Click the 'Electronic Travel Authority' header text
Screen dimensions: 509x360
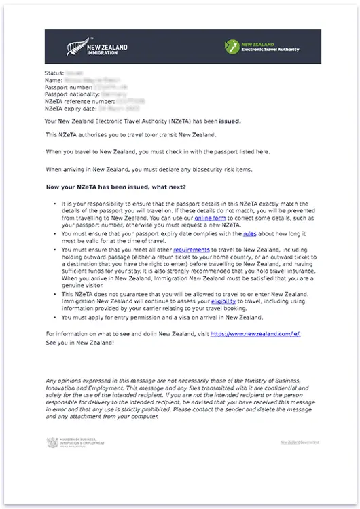click(x=270, y=50)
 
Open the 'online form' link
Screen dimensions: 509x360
click(x=210, y=219)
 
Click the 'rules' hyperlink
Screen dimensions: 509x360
click(x=251, y=234)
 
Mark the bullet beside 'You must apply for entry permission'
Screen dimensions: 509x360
click(x=54, y=317)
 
